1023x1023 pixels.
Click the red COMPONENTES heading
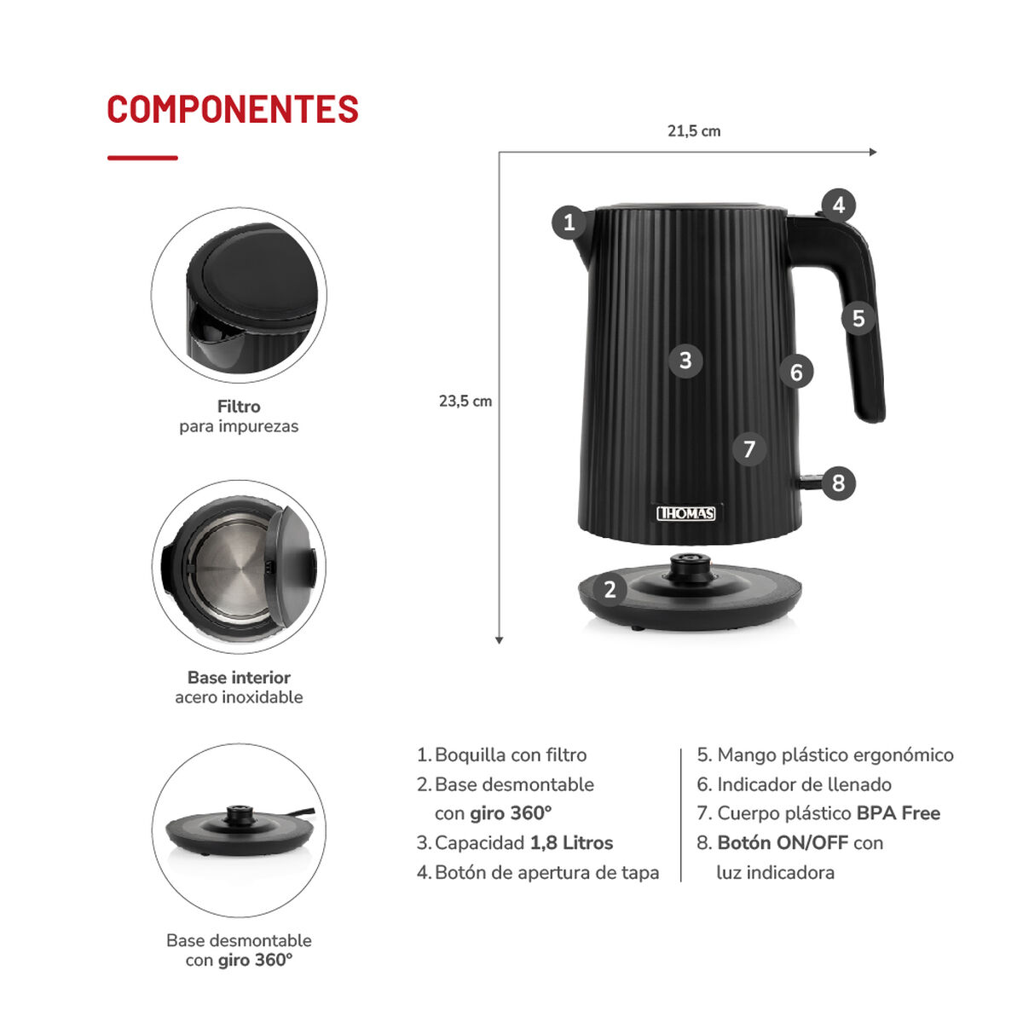(233, 110)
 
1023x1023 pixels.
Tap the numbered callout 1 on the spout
(569, 223)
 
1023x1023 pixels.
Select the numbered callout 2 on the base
(610, 589)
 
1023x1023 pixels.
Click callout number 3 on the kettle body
(685, 361)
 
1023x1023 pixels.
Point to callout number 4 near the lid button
(839, 205)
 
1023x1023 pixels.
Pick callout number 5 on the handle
(858, 318)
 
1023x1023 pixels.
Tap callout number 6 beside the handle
(796, 372)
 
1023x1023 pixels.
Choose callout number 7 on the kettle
(749, 448)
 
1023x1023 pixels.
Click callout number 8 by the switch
(838, 483)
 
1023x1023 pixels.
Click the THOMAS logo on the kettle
(686, 513)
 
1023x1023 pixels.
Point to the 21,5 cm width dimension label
(694, 131)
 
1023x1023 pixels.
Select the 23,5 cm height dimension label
(465, 401)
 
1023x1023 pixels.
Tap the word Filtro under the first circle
(239, 407)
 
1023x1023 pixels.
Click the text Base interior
(239, 678)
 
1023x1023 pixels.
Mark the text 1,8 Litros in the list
(571, 843)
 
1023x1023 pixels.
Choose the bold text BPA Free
(898, 813)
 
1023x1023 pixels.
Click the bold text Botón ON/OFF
(782, 843)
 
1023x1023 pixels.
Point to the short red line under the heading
(142, 158)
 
